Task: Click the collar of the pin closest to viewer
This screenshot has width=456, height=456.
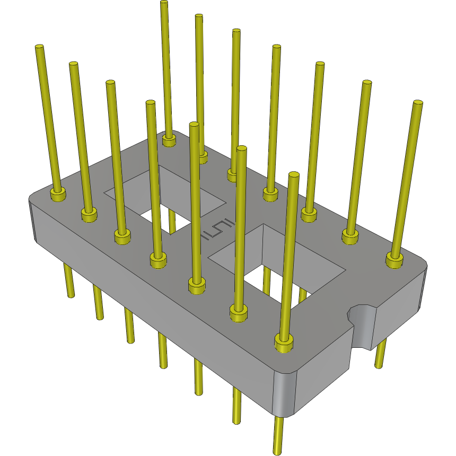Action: point(284,343)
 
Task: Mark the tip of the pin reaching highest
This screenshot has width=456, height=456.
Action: point(164,3)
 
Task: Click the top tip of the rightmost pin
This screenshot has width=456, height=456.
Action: point(418,102)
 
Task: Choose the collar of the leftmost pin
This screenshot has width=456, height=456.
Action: point(57,194)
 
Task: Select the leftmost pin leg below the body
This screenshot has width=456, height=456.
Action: point(69,281)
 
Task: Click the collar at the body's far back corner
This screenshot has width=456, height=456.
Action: point(169,141)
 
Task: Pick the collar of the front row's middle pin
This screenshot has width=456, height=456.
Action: point(157,260)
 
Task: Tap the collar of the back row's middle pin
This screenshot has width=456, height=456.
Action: point(270,194)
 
